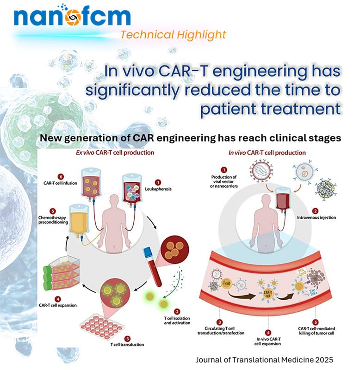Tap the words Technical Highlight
[173, 35]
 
